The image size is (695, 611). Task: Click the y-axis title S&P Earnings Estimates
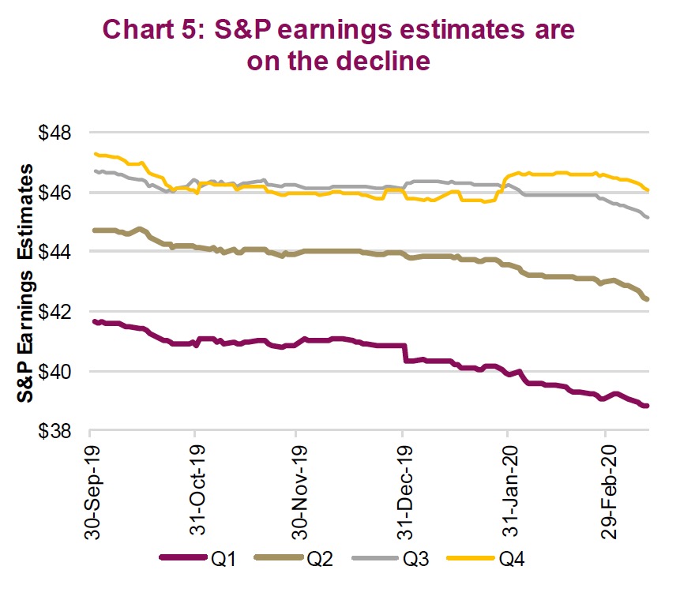point(28,282)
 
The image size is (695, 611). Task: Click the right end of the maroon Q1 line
point(646,406)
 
